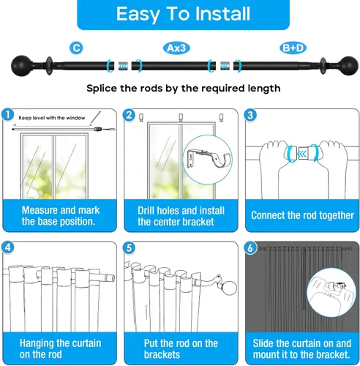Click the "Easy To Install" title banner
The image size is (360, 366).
pyautogui.click(x=183, y=14)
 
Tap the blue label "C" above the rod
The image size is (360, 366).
pyautogui.click(x=76, y=48)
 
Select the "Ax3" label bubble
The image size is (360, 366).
pyautogui.click(x=176, y=48)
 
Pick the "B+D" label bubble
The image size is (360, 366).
pyautogui.click(x=293, y=48)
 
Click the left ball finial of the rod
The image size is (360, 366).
pyautogui.click(x=21, y=66)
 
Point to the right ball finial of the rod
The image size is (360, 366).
pyautogui.click(x=349, y=66)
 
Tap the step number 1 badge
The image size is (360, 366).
pyautogui.click(x=8, y=115)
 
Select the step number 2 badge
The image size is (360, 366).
pyautogui.click(x=129, y=115)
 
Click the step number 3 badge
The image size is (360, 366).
pyautogui.click(x=250, y=115)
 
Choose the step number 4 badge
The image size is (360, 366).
pyautogui.click(x=8, y=247)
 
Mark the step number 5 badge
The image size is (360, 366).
pyautogui.click(x=129, y=248)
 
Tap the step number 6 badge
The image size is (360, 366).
pyautogui.click(x=250, y=248)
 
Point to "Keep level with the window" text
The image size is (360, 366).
pyautogui.click(x=52, y=118)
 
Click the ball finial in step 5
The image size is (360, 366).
pyautogui.click(x=229, y=288)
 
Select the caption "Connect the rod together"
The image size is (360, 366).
pyautogui.click(x=302, y=215)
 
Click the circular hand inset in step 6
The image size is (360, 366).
pyautogui.click(x=331, y=293)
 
